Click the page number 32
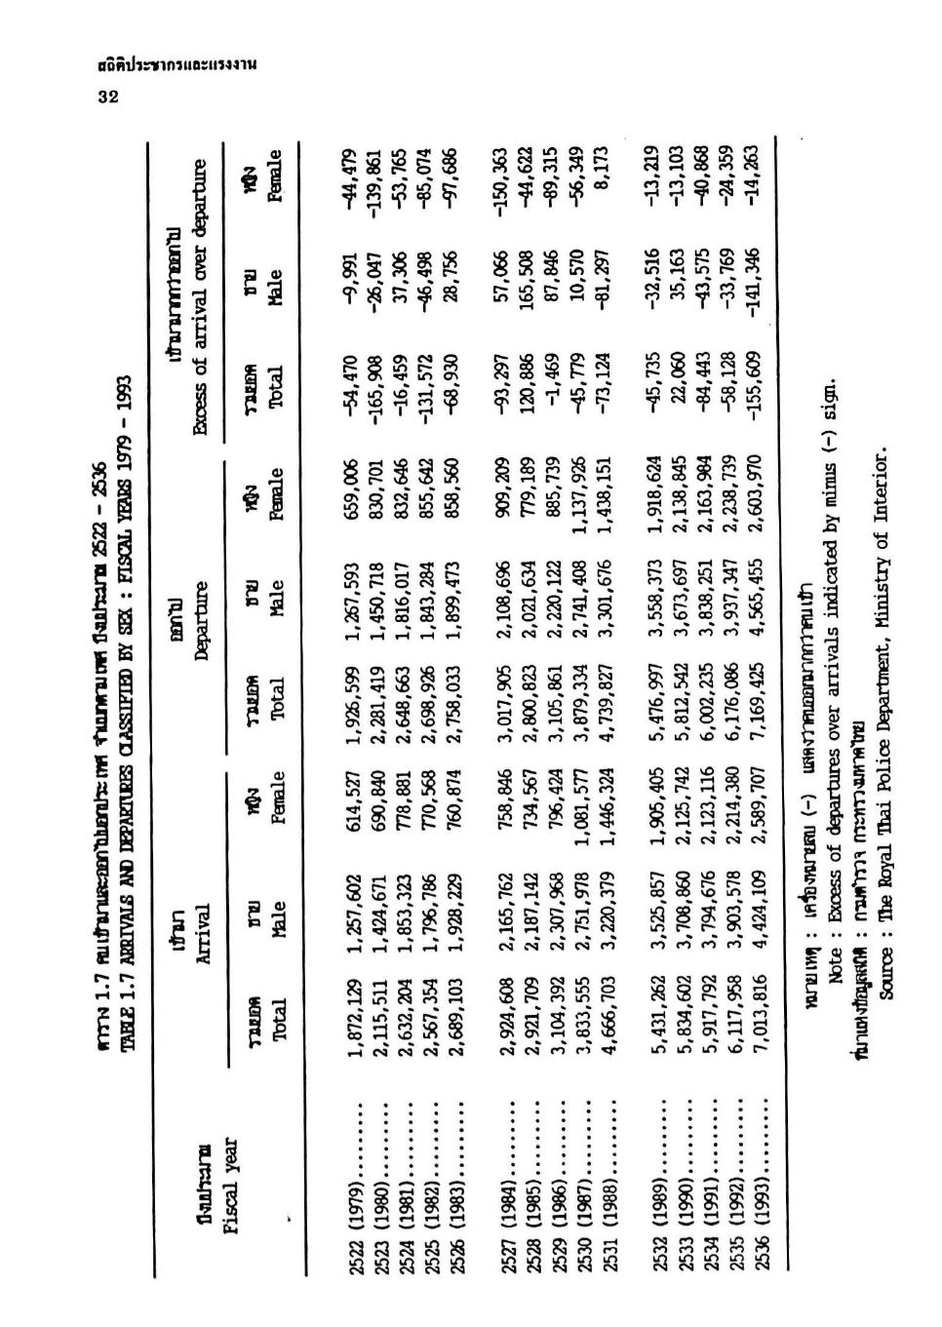click(x=107, y=96)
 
